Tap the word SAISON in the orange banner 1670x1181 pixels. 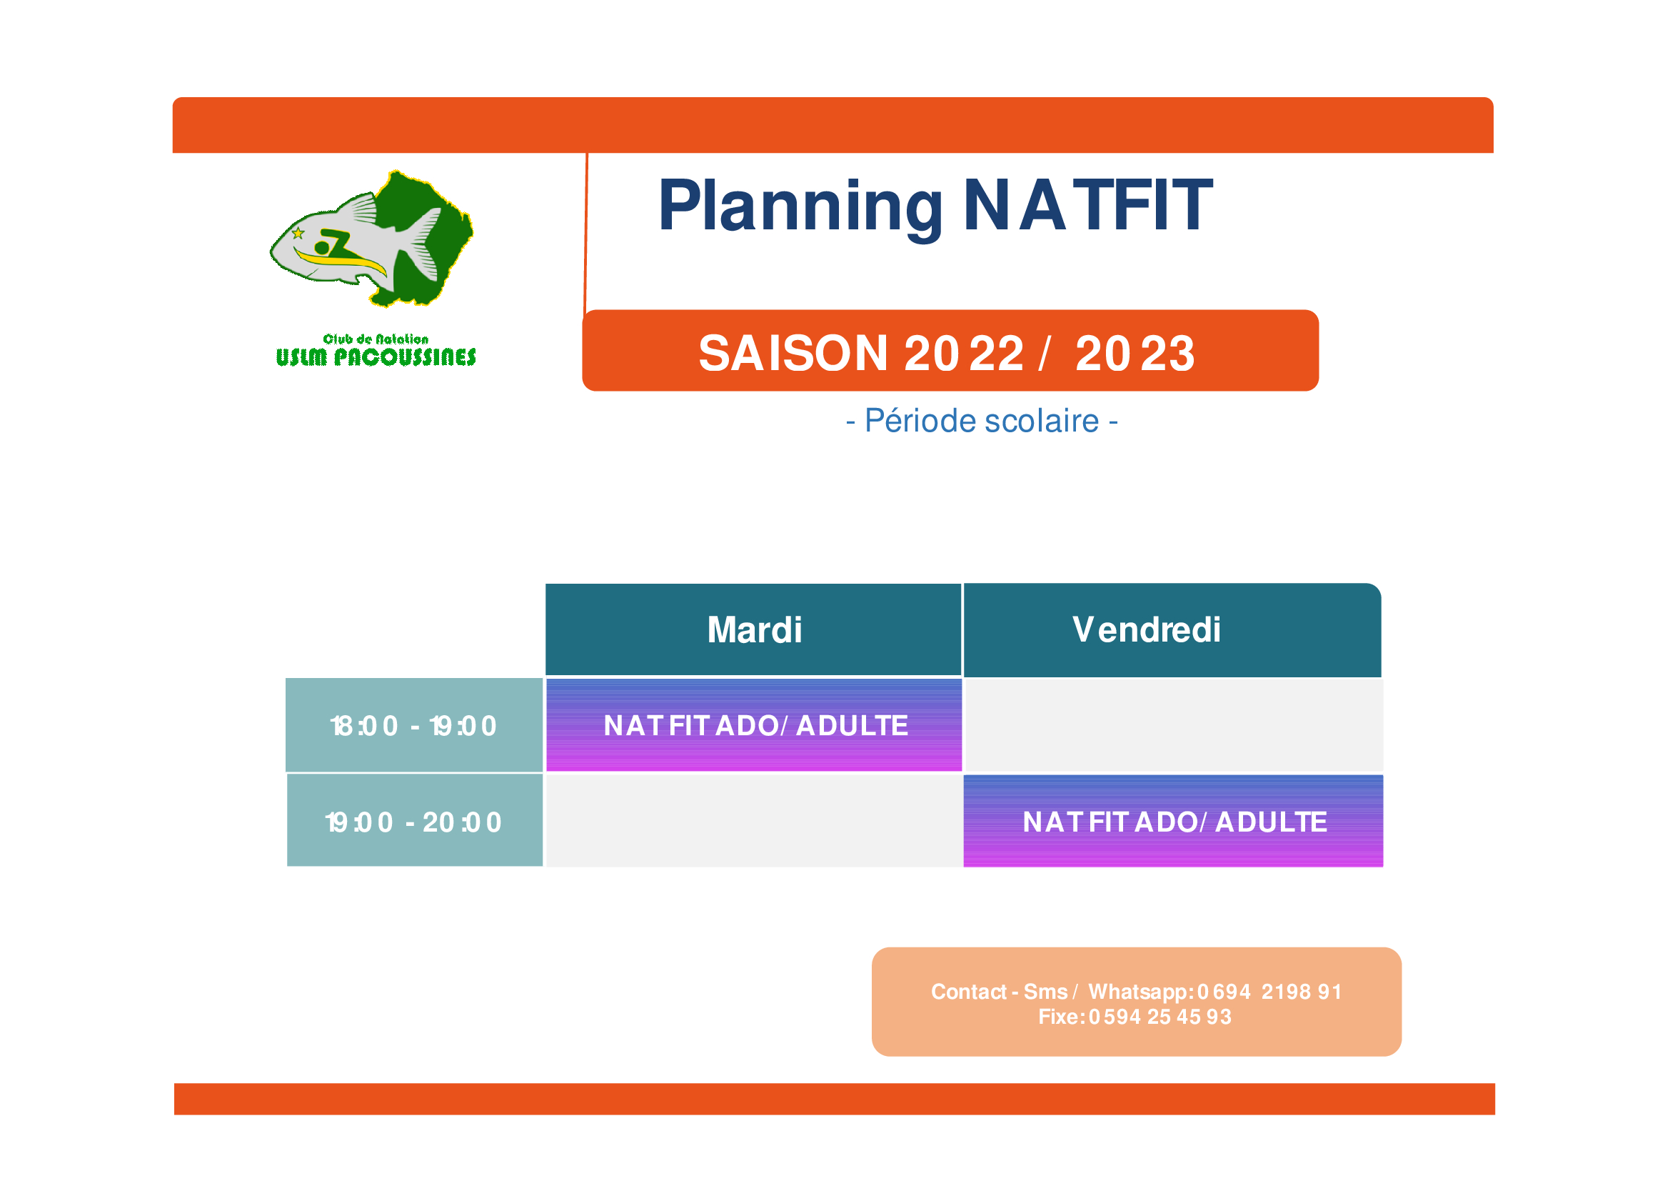[x=793, y=354]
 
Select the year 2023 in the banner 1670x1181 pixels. [x=1135, y=354]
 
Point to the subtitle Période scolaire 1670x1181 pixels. [x=982, y=422]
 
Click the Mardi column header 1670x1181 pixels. [x=753, y=630]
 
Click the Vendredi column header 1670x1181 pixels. [x=1172, y=630]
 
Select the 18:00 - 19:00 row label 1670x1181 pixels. [x=414, y=725]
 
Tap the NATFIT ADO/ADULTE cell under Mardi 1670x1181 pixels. [x=753, y=724]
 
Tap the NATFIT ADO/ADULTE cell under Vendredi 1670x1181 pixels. [x=1173, y=821]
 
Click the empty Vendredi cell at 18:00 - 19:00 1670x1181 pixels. [x=1173, y=724]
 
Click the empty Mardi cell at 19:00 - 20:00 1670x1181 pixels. [x=753, y=821]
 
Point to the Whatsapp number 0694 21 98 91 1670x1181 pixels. [x=1269, y=992]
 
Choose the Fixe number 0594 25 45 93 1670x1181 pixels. [x=1160, y=1017]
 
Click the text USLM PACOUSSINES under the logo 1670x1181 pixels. [x=376, y=357]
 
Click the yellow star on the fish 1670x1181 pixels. [x=298, y=234]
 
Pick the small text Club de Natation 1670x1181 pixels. [x=376, y=339]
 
